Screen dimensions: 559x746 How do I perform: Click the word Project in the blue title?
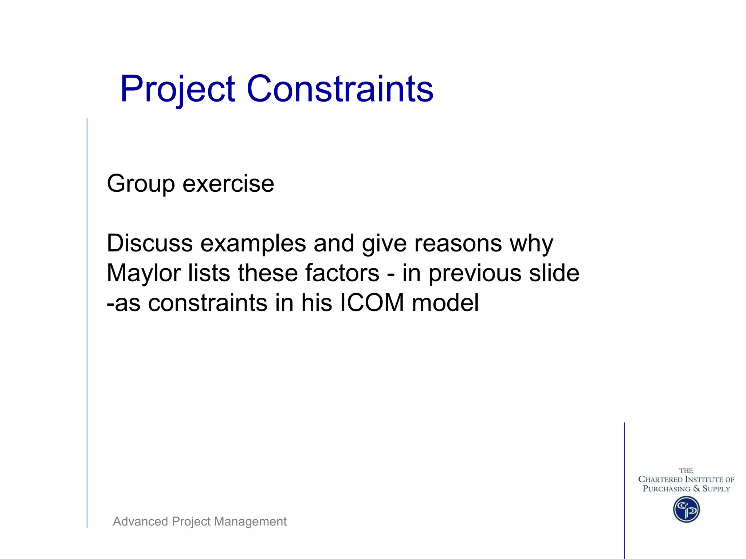177,89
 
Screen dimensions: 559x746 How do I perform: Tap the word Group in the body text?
141,184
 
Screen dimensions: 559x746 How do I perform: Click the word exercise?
228,183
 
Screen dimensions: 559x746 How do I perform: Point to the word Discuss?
149,243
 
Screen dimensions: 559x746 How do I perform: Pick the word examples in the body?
253,244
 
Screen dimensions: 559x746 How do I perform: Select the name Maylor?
144,274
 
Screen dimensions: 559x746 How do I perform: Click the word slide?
554,273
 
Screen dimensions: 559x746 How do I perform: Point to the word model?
445,303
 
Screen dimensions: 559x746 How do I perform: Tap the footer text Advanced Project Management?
200,522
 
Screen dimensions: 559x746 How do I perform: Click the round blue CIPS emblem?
686,510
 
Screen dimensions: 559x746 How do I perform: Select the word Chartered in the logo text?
660,480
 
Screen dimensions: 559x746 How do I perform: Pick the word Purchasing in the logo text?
666,489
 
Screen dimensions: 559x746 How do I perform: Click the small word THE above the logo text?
686,471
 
